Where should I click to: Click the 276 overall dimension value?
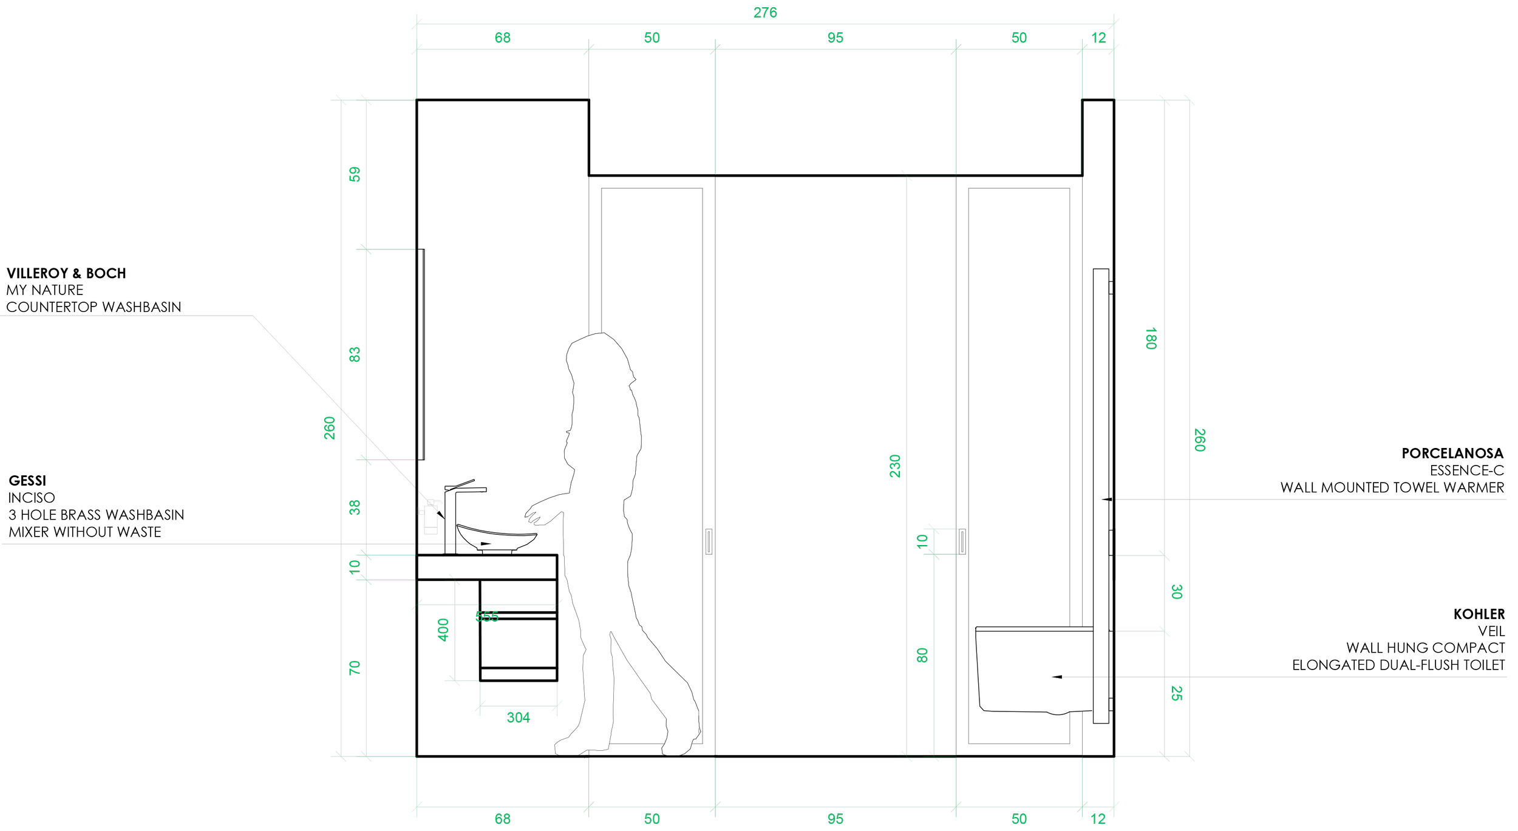pos(764,12)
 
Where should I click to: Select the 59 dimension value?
pos(355,174)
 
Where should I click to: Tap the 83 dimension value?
pos(355,354)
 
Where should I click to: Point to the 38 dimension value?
pos(355,507)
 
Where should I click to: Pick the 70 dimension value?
pos(355,668)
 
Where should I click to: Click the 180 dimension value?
pos(1151,338)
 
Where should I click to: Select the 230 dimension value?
pos(895,466)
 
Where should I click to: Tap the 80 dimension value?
pos(922,655)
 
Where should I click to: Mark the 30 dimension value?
pos(1176,592)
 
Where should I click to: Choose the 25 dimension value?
pos(1176,693)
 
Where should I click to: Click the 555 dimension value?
pos(486,617)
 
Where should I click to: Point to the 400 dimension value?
pos(443,629)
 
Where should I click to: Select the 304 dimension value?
pos(518,717)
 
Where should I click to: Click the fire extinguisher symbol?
pos(431,517)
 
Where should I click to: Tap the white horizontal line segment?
pos(652,758)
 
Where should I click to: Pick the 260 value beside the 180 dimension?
pos(1200,439)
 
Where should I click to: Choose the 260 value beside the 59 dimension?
pos(329,428)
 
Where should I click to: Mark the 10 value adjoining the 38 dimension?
pos(355,567)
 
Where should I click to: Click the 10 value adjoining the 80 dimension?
pos(922,541)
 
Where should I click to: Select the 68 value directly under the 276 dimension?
pos(502,38)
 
